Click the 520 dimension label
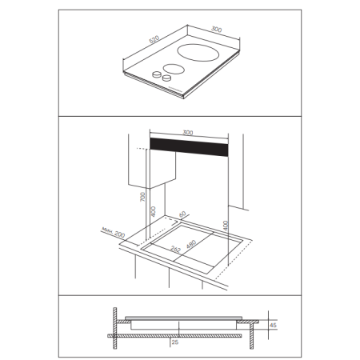[x=154, y=39]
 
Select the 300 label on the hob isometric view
[x=216, y=29]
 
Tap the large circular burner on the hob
[x=198, y=53]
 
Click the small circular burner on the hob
[x=174, y=69]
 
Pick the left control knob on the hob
[x=157, y=74]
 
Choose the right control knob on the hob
[x=166, y=78]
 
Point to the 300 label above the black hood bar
[x=188, y=133]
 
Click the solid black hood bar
[x=189, y=147]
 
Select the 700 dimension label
[x=143, y=197]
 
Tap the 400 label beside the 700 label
[x=153, y=211]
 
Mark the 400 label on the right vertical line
[x=226, y=226]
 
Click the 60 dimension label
[x=182, y=214]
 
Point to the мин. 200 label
[x=113, y=233]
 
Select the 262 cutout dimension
[x=175, y=249]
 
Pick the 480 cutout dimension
[x=191, y=244]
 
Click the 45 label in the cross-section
[x=273, y=326]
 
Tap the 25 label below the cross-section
[x=175, y=342]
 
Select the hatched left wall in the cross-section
[x=115, y=328]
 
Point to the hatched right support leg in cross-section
[x=251, y=336]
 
